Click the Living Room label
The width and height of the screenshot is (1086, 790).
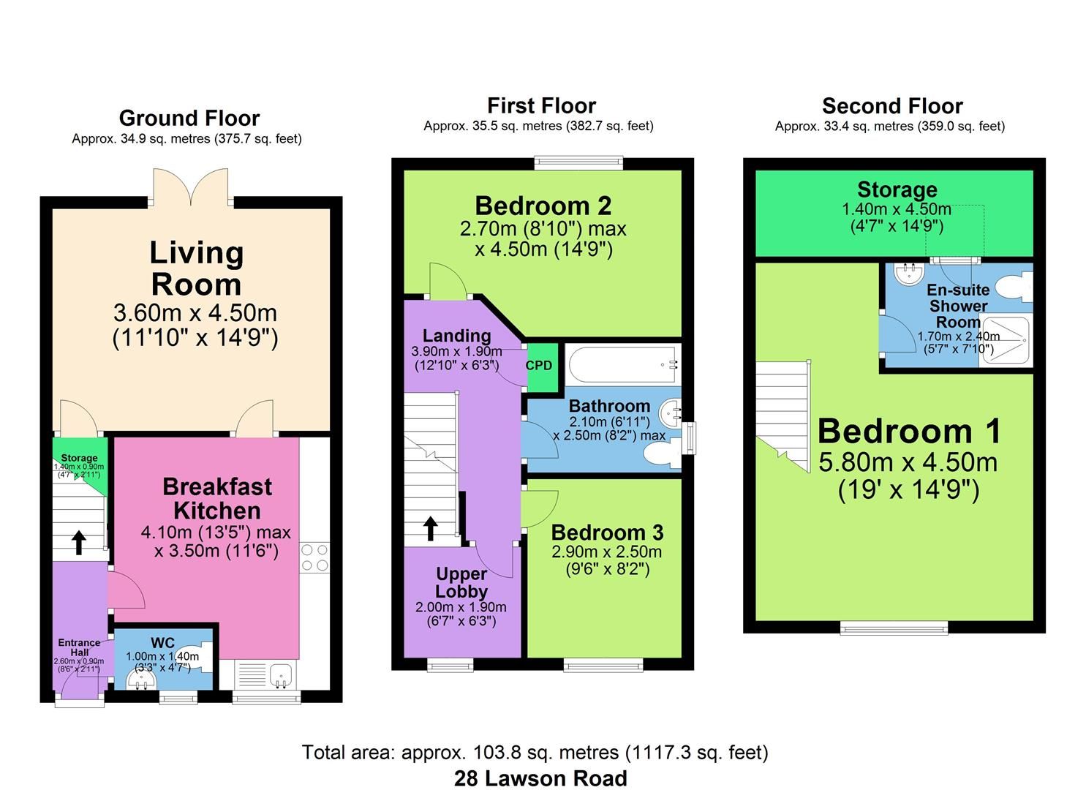coord(196,268)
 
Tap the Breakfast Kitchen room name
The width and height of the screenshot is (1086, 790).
coord(216,498)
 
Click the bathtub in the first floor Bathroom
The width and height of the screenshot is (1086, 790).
coord(622,364)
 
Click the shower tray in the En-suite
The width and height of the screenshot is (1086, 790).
coord(1005,340)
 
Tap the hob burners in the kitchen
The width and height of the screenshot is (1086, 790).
coord(314,557)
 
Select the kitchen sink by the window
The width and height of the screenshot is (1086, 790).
coord(280,674)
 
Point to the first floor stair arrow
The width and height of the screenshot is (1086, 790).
coord(430,527)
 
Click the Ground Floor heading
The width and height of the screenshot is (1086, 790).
coord(189,118)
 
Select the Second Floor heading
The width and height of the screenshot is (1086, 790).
coord(891,106)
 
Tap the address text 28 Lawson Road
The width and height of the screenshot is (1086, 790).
coord(540,778)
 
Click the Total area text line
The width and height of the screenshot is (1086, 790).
coord(535,752)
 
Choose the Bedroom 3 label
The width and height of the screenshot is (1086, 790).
coord(607,532)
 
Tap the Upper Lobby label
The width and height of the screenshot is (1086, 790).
coord(461,582)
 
